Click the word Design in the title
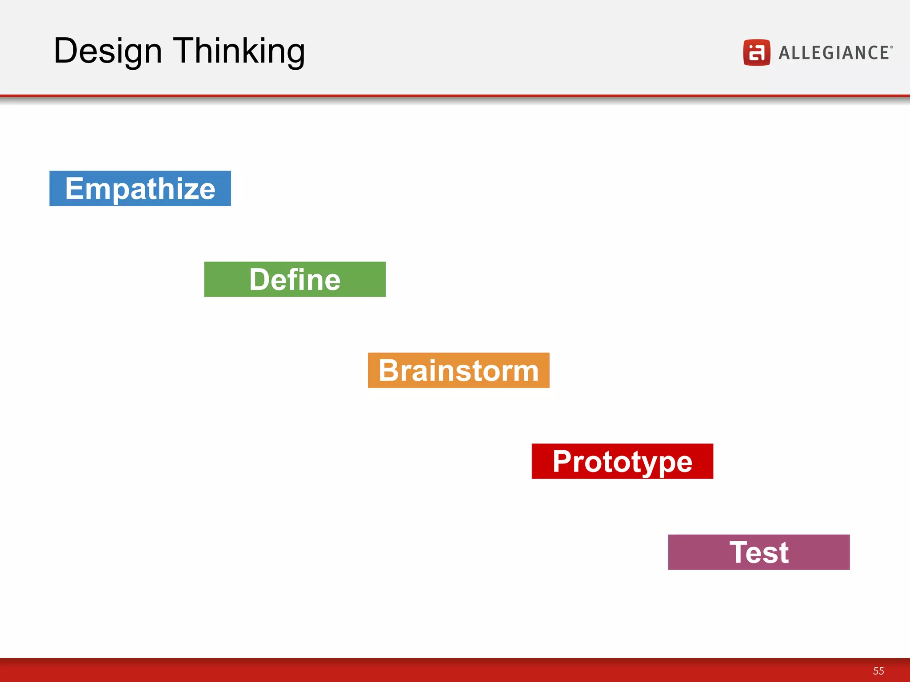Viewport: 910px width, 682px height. (x=108, y=52)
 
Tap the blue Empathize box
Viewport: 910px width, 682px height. (x=140, y=188)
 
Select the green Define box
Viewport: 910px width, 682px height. (x=295, y=279)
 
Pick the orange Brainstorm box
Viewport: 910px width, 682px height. (x=458, y=370)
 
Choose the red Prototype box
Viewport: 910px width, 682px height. (x=622, y=461)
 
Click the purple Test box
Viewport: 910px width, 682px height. (x=758, y=552)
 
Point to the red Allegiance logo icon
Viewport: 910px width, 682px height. (x=756, y=52)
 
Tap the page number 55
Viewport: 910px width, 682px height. (x=878, y=671)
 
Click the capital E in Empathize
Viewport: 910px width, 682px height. (x=75, y=188)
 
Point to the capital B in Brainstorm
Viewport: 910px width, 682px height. (x=390, y=370)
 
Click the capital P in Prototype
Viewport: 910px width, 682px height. (x=563, y=461)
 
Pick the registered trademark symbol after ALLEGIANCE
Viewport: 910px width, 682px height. (x=891, y=46)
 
